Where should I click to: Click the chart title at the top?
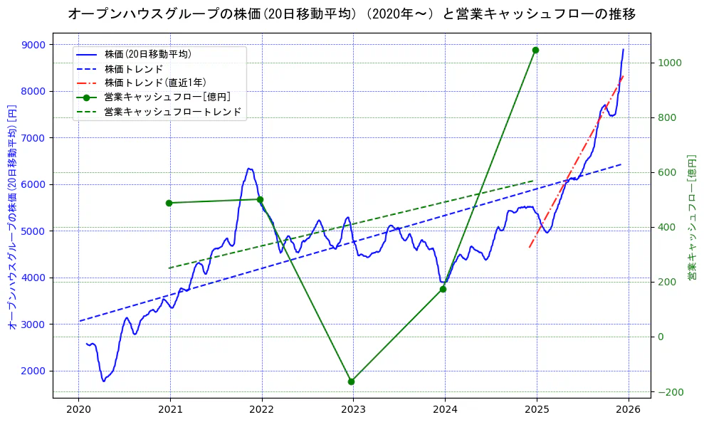[352, 14]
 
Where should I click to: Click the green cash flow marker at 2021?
[169, 203]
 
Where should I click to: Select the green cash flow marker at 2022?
[261, 199]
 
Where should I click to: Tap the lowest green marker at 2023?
[351, 381]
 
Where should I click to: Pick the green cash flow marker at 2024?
[443, 289]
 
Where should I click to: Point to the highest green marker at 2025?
[535, 50]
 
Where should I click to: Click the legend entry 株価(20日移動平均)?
[147, 54]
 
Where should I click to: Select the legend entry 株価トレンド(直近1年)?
[153, 83]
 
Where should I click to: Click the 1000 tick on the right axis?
[671, 63]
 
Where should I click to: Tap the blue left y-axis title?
[12, 214]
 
